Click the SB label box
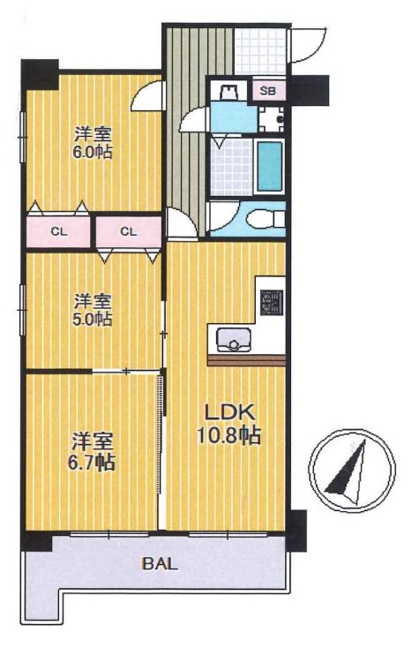coord(268,91)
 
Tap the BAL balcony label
coord(161,564)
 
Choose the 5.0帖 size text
coord(93,319)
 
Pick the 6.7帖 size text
coord(91,463)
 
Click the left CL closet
coord(58,232)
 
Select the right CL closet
coord(129,232)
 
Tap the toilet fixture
coord(265,218)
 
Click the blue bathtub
coord(269,166)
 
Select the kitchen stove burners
coord(272,302)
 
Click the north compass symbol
coord(351,470)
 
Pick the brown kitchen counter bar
coord(246,360)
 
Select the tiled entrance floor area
coord(260,51)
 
